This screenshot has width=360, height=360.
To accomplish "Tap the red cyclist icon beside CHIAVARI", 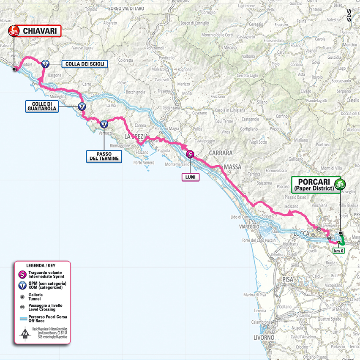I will point(14,30).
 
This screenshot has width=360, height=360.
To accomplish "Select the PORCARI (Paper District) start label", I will point(312,184).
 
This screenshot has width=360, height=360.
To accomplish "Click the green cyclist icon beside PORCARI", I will point(339,184).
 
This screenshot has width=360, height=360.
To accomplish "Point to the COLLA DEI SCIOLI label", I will point(85,64).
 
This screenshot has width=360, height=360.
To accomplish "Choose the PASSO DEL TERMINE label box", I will point(104,156).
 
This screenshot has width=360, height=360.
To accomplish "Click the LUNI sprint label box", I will point(190,177).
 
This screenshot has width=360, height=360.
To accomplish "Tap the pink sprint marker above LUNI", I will point(190,155).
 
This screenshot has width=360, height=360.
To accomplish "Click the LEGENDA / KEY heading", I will point(41,265).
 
